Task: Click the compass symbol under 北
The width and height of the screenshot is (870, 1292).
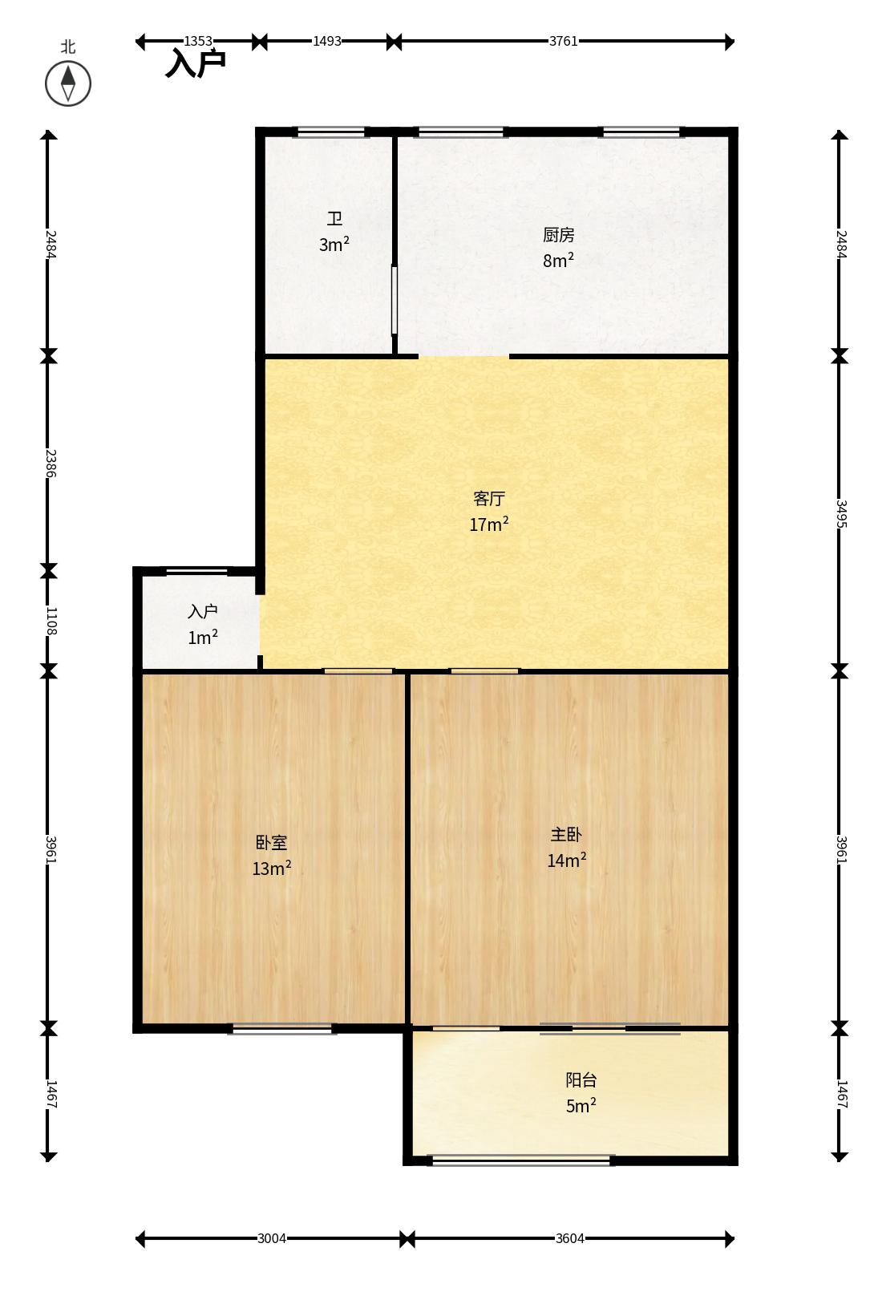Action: (x=68, y=83)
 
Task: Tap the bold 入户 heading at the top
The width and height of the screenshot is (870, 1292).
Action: (x=196, y=63)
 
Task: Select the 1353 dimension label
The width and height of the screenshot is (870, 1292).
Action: (x=198, y=41)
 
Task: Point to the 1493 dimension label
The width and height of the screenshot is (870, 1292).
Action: (x=327, y=41)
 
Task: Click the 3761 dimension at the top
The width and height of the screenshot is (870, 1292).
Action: (x=563, y=41)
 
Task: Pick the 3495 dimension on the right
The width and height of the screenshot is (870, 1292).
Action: (x=841, y=514)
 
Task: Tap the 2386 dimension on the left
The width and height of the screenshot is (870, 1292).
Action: (x=51, y=464)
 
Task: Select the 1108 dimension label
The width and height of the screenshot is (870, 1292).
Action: (x=51, y=622)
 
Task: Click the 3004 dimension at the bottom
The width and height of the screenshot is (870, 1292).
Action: (x=272, y=1238)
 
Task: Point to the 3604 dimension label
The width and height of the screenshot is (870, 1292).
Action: (x=569, y=1238)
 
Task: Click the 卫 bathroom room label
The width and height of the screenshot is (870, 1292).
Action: (x=334, y=219)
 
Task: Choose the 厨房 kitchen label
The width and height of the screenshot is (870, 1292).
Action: (x=558, y=235)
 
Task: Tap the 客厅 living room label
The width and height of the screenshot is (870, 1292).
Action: (x=489, y=498)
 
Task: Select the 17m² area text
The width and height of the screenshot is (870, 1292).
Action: (x=489, y=524)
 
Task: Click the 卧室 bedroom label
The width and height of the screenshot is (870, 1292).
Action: (x=272, y=843)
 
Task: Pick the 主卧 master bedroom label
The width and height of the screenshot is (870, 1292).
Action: (x=566, y=835)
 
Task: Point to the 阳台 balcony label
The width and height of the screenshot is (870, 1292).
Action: (x=581, y=1079)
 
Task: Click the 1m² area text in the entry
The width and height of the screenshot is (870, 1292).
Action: (x=203, y=638)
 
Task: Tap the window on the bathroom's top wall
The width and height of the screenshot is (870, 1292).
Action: (x=331, y=132)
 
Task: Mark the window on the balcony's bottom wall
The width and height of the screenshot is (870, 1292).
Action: (x=522, y=1160)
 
